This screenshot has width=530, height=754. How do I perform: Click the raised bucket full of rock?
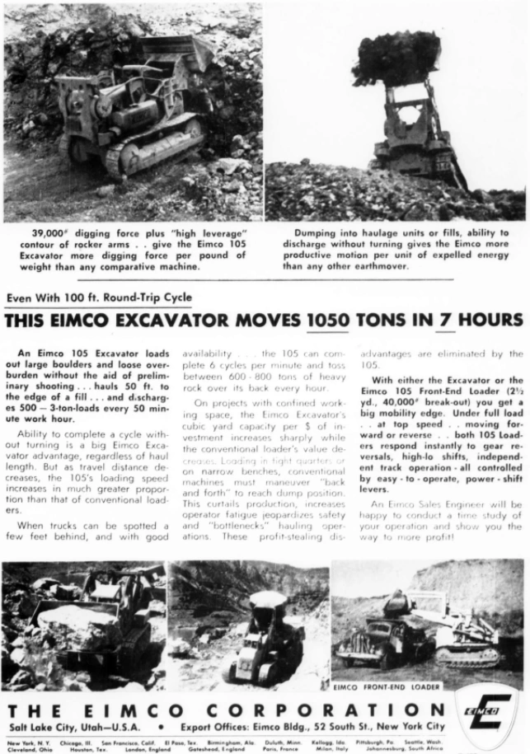pos(398,57)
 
